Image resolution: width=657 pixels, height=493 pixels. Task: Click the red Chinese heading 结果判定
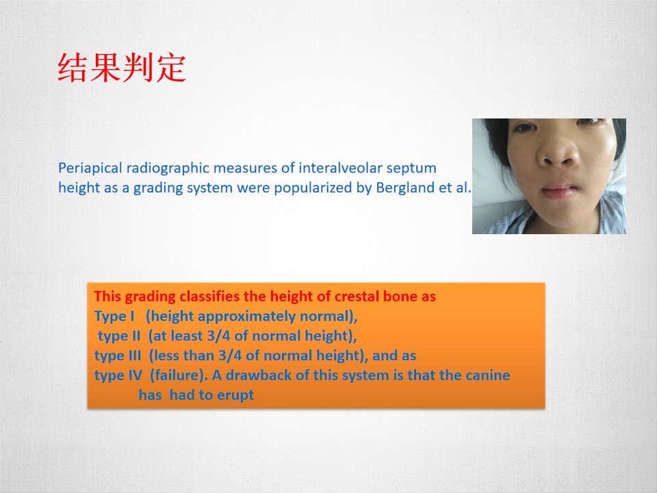[122, 68]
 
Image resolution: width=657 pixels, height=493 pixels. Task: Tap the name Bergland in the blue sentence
[405, 188]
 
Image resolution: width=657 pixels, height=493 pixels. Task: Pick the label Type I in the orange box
[114, 316]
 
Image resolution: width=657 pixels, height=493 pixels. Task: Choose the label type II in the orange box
[119, 336]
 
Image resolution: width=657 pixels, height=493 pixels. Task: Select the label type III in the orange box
[118, 356]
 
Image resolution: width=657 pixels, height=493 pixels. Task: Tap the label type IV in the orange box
[118, 375]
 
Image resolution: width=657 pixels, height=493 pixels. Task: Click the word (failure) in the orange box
[179, 375]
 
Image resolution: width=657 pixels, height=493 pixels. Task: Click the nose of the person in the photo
[558, 153]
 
